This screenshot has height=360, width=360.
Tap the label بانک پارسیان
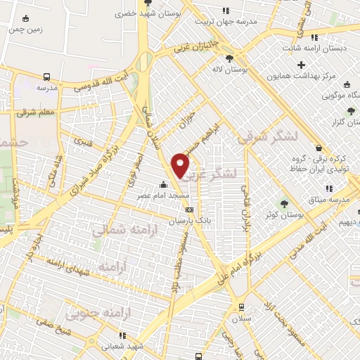(188, 220)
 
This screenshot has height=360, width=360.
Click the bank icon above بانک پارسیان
(188, 210)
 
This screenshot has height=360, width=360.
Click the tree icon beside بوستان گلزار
(352, 110)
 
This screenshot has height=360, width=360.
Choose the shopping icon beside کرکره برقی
(320, 148)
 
